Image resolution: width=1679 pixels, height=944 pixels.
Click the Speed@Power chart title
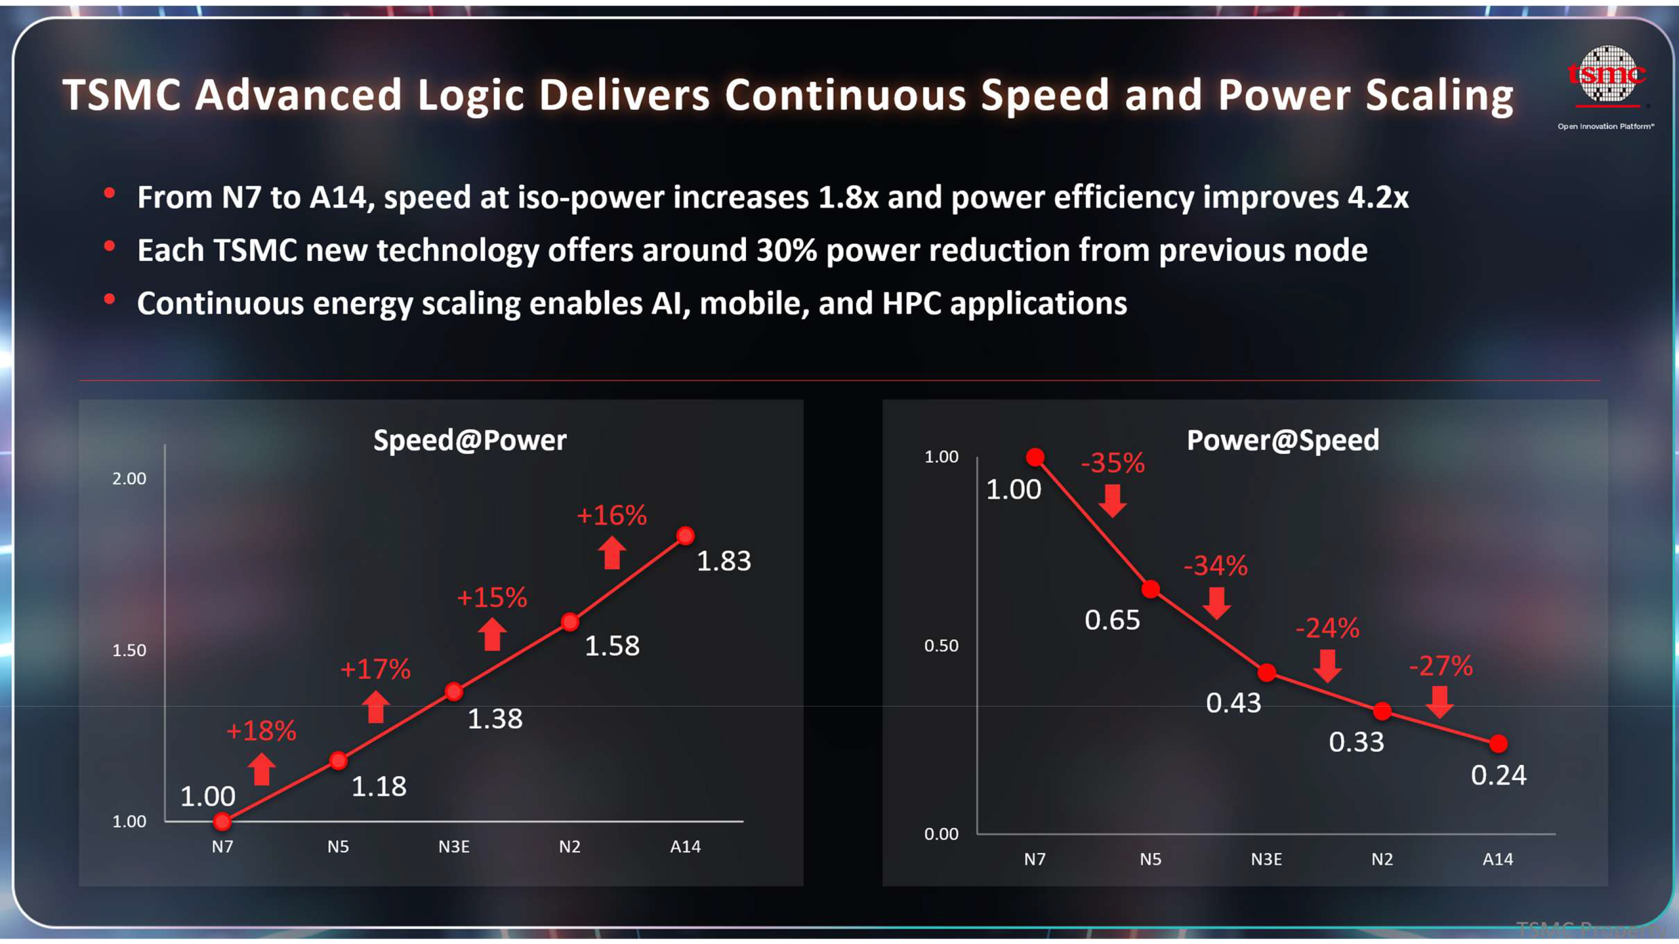(x=469, y=440)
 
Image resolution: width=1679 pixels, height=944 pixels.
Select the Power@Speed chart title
(x=1283, y=440)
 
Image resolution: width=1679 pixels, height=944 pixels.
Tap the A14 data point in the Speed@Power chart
(x=685, y=536)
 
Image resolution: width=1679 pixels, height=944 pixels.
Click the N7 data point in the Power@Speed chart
(x=1035, y=457)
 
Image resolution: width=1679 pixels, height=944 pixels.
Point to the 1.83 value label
(x=723, y=561)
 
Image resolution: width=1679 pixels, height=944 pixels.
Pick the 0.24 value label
(x=1498, y=775)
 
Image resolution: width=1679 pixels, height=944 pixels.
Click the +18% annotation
(x=260, y=731)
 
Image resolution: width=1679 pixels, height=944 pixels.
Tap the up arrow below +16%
(x=612, y=553)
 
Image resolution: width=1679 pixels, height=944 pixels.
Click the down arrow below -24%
(x=1327, y=666)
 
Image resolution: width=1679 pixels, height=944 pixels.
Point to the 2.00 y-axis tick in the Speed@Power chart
(x=129, y=479)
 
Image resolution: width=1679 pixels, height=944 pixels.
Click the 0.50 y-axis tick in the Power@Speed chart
(x=941, y=645)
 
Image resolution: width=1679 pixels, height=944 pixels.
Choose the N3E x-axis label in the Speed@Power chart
(x=454, y=846)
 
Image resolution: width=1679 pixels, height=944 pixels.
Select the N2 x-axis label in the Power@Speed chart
(x=1382, y=859)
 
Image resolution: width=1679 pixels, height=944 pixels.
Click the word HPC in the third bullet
(x=911, y=304)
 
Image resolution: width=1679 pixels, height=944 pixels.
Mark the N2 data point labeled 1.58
(x=570, y=622)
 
